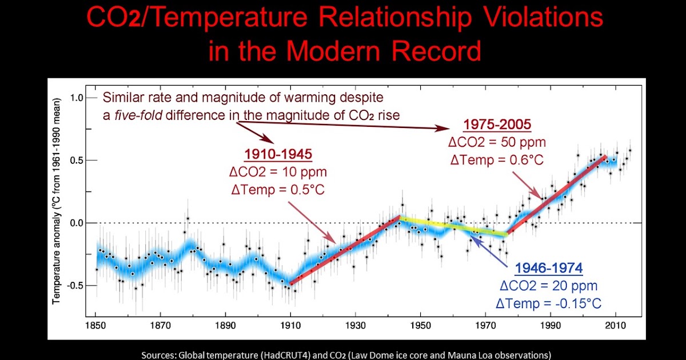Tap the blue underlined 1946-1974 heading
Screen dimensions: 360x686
pyautogui.click(x=548, y=268)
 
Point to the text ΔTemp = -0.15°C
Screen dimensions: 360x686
pyautogui.click(x=549, y=303)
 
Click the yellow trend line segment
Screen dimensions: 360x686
pyautogui.click(x=452, y=226)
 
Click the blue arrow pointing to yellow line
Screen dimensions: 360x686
pyautogui.click(x=492, y=254)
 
